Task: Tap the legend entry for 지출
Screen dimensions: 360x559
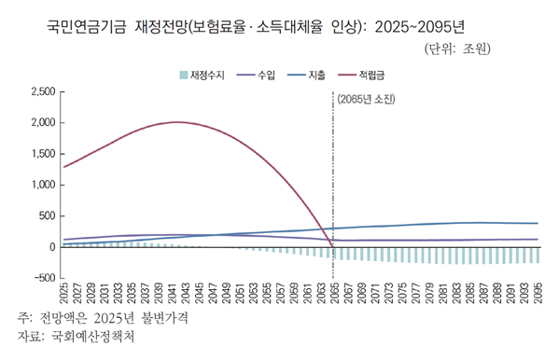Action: pyautogui.click(x=315, y=73)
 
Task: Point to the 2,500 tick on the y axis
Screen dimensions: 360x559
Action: pyautogui.click(x=43, y=91)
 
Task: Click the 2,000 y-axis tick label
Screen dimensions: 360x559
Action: pyautogui.click(x=43, y=122)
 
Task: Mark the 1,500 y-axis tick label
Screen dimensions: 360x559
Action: pyautogui.click(x=43, y=154)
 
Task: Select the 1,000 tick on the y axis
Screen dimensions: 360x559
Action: pyautogui.click(x=43, y=185)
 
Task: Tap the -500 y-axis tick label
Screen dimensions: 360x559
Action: pyautogui.click(x=43, y=278)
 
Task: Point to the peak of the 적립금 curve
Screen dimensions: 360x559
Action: pyautogui.click(x=176, y=122)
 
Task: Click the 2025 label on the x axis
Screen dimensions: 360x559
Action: pyautogui.click(x=63, y=291)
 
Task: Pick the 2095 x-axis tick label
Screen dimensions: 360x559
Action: pyautogui.click(x=537, y=291)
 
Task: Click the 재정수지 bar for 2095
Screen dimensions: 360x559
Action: pyautogui.click(x=537, y=255)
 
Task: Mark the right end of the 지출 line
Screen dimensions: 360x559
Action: pyautogui.click(x=537, y=223)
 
